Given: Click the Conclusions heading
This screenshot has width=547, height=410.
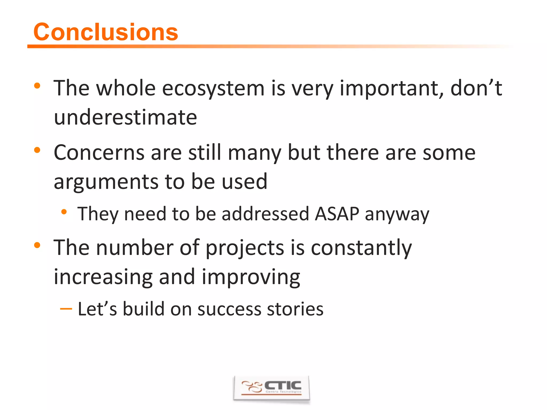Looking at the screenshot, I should [x=106, y=32].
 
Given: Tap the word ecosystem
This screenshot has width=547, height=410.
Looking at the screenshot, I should [x=213, y=89].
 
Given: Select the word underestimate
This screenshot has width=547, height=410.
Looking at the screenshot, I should [x=125, y=117].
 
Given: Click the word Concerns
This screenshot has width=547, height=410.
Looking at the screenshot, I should [x=99, y=153].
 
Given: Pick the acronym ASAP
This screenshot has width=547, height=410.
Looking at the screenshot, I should [x=337, y=214].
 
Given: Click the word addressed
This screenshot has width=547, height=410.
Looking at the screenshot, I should [x=265, y=214].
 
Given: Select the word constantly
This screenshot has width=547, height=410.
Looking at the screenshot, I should [x=361, y=248].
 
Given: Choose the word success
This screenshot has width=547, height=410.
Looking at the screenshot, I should [x=229, y=309].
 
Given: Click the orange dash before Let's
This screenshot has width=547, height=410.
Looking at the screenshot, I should [x=66, y=309].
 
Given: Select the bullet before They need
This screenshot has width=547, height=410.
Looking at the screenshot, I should [x=64, y=212].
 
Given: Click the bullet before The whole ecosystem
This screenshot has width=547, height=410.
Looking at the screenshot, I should [x=37, y=86].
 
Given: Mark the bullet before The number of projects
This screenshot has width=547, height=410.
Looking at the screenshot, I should [x=37, y=245].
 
